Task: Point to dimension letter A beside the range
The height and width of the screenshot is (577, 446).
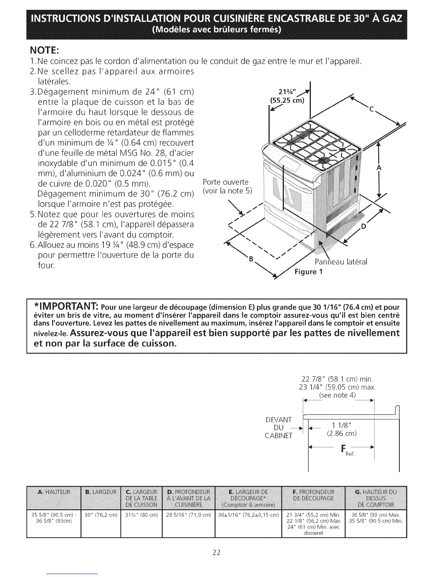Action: click(x=379, y=168)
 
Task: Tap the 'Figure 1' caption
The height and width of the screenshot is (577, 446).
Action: click(x=309, y=272)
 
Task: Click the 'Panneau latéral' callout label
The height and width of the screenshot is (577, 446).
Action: click(x=341, y=262)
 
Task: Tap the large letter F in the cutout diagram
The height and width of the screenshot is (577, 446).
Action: click(x=343, y=449)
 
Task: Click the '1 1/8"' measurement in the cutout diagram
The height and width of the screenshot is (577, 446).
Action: click(x=341, y=425)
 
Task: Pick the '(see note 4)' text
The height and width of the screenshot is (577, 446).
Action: click(x=337, y=395)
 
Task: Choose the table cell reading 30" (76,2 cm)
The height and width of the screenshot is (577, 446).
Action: click(x=100, y=515)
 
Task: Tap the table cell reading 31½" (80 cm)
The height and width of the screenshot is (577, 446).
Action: click(x=141, y=515)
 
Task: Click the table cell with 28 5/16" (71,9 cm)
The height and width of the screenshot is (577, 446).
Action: click(x=188, y=515)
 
